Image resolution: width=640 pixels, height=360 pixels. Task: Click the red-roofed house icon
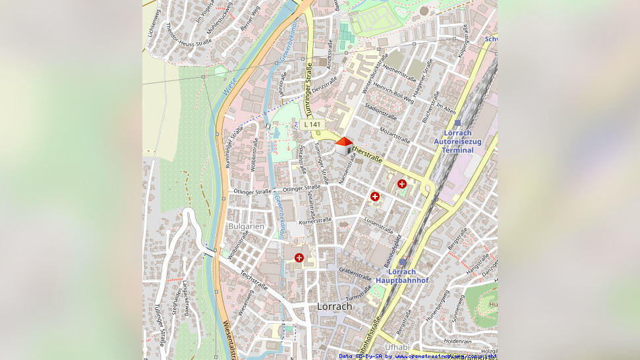(344, 145)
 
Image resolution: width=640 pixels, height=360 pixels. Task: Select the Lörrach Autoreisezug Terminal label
(457, 142)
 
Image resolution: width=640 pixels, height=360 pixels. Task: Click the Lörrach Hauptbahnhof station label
(402, 276)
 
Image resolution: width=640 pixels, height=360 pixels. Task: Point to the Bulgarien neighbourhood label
(246, 226)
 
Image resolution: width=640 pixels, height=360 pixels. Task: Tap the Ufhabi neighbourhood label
(397, 347)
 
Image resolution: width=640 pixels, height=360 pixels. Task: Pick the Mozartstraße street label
(395, 136)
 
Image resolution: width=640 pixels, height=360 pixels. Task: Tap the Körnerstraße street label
(314, 221)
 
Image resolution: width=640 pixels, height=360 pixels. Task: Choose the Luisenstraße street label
(378, 225)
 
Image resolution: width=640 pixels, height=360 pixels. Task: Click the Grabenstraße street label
(355, 273)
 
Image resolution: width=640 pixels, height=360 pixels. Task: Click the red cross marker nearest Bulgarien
(299, 258)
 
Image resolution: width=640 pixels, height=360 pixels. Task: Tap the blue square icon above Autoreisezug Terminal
(457, 123)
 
